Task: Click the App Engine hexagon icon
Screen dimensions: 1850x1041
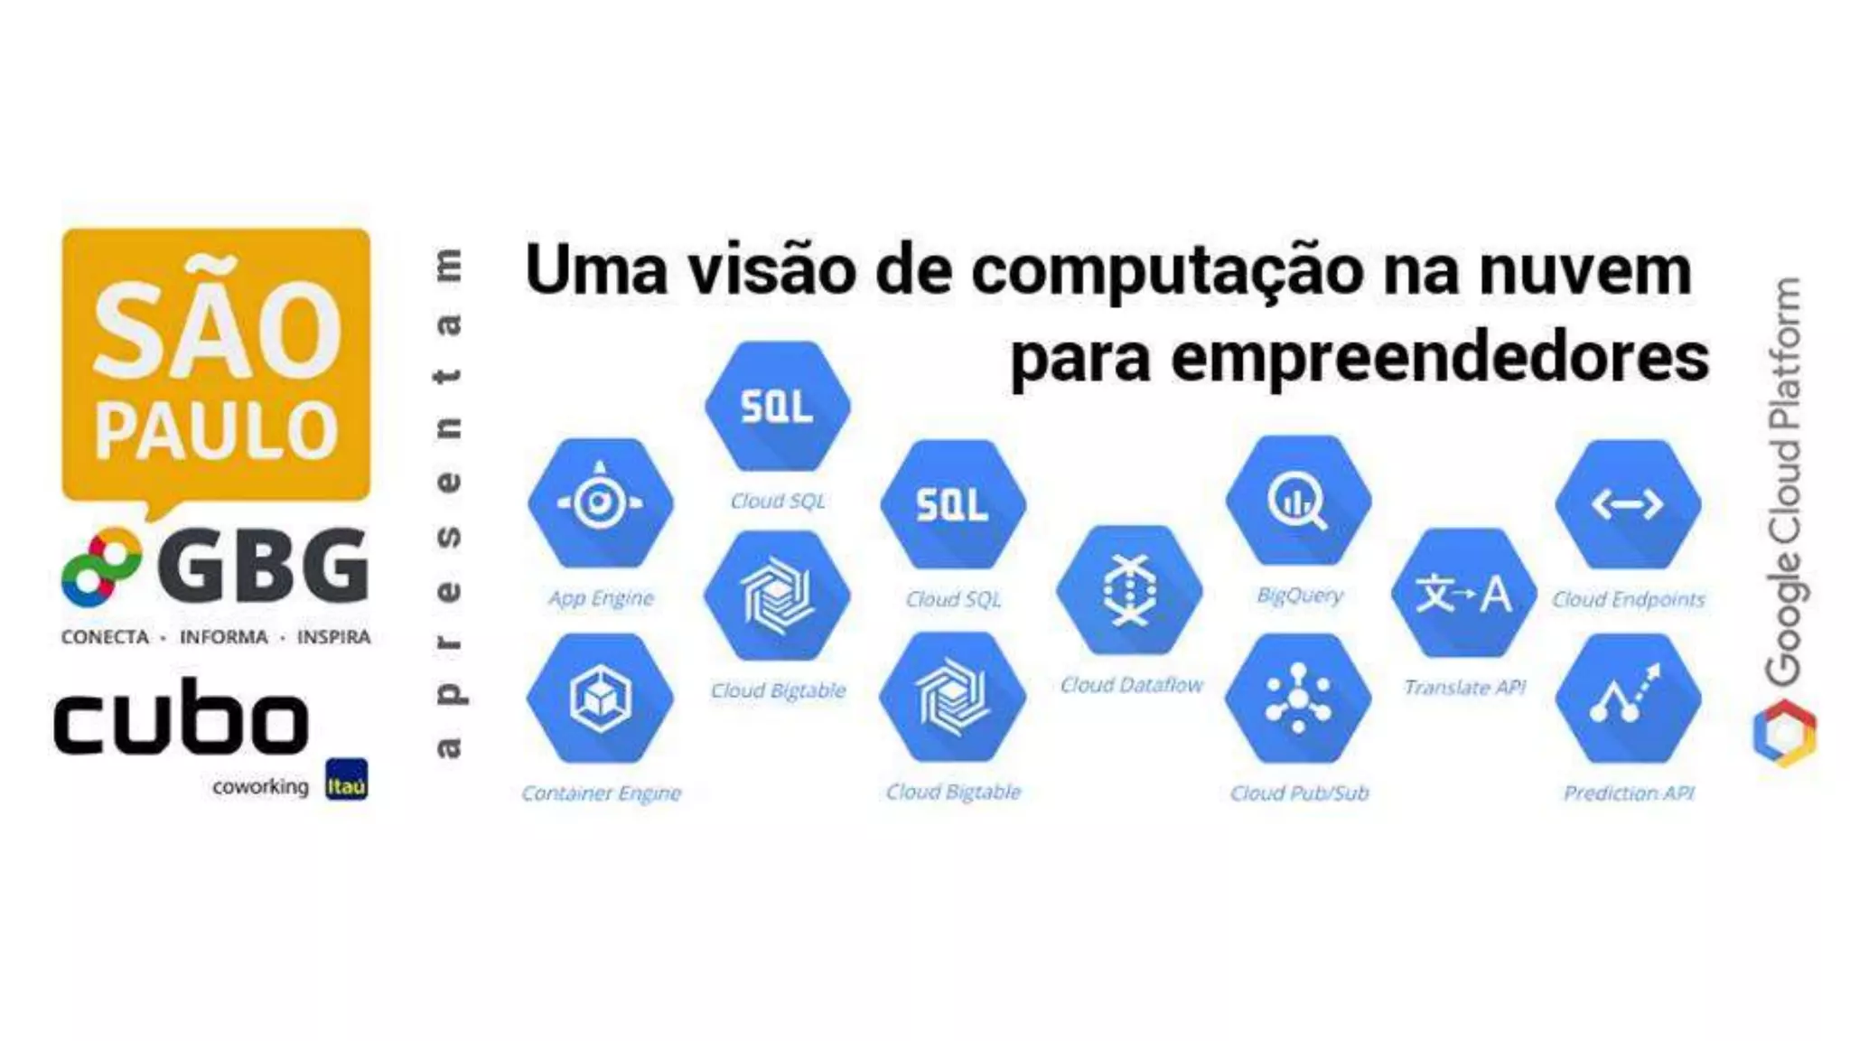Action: (x=601, y=502)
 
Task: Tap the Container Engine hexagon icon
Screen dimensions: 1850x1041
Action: (x=601, y=698)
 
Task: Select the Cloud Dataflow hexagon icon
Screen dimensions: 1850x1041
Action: (x=1130, y=590)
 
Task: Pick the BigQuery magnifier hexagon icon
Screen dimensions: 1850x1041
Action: (x=1298, y=501)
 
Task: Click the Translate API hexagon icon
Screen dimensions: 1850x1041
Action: (x=1463, y=593)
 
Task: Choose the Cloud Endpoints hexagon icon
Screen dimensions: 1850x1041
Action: (x=1628, y=503)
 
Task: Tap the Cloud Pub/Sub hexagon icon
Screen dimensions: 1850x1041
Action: (x=1298, y=698)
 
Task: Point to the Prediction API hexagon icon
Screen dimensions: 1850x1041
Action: (x=1628, y=698)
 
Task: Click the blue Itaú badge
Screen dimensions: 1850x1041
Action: (x=347, y=780)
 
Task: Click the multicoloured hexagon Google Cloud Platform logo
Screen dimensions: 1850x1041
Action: (x=1785, y=733)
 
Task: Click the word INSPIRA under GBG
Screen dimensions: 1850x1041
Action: (x=333, y=637)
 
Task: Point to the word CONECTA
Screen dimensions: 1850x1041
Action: (x=105, y=637)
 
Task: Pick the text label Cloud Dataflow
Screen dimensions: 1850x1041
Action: (x=1131, y=685)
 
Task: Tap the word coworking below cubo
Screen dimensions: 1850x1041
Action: (x=260, y=787)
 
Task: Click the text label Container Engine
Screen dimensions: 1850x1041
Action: (x=602, y=792)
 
